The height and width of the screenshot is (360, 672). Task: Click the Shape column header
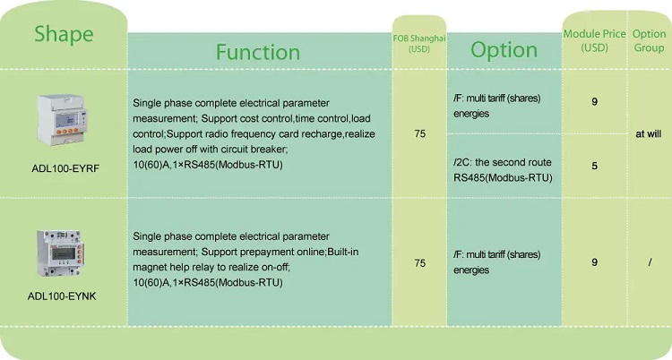pos(64,34)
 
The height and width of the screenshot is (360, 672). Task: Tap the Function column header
pos(258,52)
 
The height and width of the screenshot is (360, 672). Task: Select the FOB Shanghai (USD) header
pos(419,43)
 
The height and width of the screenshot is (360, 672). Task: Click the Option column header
pos(504,50)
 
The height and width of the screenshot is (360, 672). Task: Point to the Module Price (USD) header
pos(594,40)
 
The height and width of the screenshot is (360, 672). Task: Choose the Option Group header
pos(649,40)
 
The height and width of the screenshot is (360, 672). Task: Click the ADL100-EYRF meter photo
pos(63,120)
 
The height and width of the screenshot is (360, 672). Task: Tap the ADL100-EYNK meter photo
pos(60,253)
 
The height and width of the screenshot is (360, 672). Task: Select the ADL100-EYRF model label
pos(65,168)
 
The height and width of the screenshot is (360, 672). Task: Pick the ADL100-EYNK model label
pos(62,296)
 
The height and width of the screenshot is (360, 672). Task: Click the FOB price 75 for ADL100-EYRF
pos(420,133)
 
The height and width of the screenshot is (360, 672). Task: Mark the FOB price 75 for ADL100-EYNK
pos(420,262)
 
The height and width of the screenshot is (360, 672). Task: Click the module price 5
pos(594,166)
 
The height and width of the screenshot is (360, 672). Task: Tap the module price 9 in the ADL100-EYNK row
pos(594,261)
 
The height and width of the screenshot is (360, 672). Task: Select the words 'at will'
pos(649,133)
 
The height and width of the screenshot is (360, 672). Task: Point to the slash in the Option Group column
pos(650,262)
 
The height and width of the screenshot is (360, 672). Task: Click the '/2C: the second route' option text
pos(503,162)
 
